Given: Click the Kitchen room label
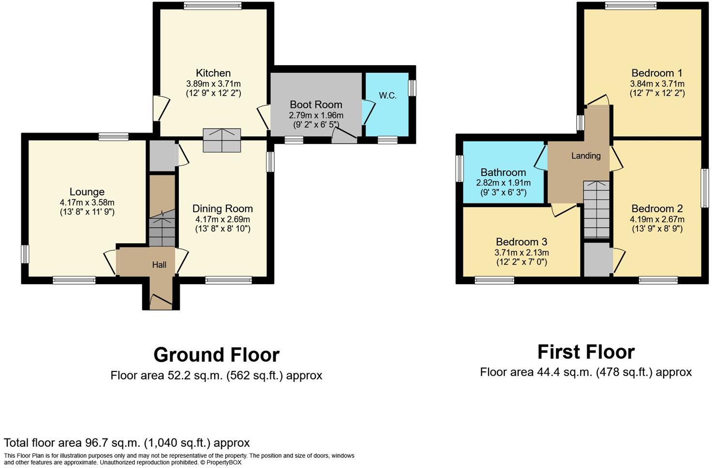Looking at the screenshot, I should coord(213,73).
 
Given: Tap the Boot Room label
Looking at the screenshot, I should coord(316,104).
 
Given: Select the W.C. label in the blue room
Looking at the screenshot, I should coord(387,96).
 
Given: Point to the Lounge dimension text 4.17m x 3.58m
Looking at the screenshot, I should coord(87,203).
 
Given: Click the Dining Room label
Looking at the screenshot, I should coord(222,208).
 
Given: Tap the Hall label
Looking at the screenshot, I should coord(159,264).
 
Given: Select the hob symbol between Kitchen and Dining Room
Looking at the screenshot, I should coord(222,140).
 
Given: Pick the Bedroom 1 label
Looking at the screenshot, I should coord(657,73).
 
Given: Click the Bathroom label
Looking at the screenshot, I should coord(503,172).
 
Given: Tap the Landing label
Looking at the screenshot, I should coord(586,156).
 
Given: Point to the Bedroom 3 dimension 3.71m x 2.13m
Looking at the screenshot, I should coord(521,252).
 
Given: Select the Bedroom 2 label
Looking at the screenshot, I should coord(657,208).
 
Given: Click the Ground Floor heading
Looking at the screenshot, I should coord(216,355).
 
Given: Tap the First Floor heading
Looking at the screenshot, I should coord(586,352).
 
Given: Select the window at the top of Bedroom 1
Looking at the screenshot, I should coord(631,6).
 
